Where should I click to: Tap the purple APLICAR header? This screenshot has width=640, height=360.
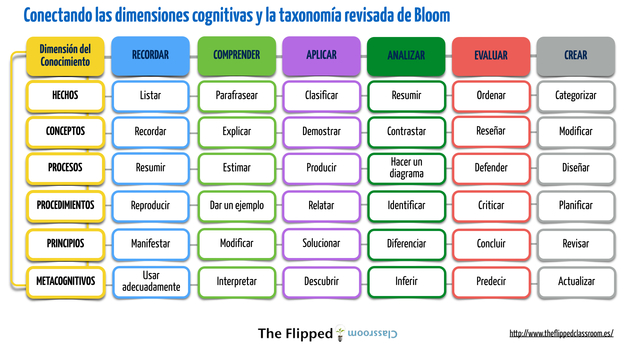tap(320, 57)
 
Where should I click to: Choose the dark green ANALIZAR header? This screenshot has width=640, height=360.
tap(405, 57)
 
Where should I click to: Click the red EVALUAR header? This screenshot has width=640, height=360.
tap(490, 57)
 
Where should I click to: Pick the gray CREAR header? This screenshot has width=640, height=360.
tap(575, 57)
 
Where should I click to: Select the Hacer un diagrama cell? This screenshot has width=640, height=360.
tap(405, 167)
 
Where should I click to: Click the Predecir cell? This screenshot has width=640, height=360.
tap(490, 281)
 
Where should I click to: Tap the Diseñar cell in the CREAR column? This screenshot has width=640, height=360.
tap(575, 168)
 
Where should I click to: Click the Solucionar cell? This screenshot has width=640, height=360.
tap(320, 243)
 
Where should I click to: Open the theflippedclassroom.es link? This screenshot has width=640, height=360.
tap(561, 334)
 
